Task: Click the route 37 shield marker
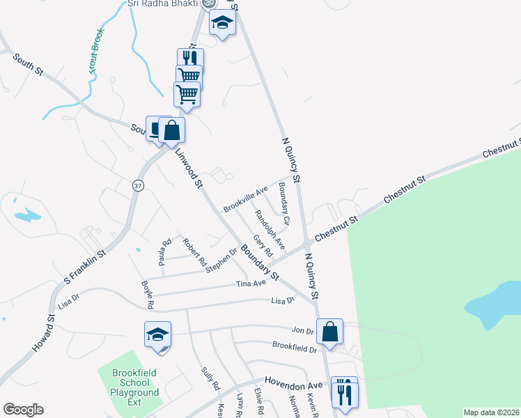(x=138, y=185)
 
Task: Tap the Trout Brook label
(x=97, y=52)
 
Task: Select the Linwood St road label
(x=187, y=168)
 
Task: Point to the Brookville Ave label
(x=245, y=200)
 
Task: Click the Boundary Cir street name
(x=283, y=199)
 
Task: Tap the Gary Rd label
(x=263, y=245)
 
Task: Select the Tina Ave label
(x=251, y=284)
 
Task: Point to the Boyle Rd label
(x=147, y=295)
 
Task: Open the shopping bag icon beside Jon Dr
(x=330, y=331)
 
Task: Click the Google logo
(x=23, y=410)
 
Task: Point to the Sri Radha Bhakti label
(x=162, y=3)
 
